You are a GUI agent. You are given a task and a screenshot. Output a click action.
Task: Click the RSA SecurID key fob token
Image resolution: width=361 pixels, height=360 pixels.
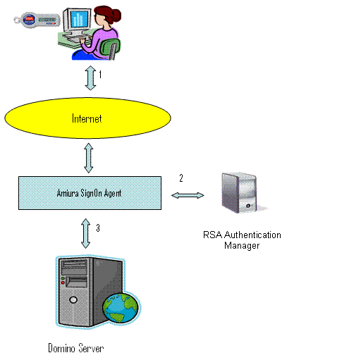[x=37, y=20]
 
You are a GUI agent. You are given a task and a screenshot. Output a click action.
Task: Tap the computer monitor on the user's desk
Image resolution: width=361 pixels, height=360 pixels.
[x=78, y=21]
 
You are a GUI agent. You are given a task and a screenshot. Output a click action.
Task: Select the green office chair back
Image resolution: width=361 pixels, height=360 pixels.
[x=110, y=47]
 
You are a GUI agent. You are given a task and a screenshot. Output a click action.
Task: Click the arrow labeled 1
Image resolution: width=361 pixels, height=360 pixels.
[x=90, y=77]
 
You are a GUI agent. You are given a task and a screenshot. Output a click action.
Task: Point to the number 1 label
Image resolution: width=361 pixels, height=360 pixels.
[x=100, y=75]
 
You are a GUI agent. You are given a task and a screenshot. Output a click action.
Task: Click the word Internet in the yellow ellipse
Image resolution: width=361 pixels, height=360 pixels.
[x=87, y=118]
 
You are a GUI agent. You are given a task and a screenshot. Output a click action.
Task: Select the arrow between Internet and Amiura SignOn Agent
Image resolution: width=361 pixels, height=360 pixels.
[x=89, y=158]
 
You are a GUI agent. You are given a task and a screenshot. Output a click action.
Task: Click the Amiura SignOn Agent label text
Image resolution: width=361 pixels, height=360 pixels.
[x=89, y=193]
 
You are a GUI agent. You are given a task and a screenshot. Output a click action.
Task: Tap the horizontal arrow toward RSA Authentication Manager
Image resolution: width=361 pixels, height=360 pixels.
[x=188, y=195]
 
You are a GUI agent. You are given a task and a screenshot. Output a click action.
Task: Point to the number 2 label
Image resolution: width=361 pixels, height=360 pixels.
[x=181, y=178]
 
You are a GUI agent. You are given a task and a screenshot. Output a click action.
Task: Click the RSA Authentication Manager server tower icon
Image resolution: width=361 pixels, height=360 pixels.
[x=242, y=193]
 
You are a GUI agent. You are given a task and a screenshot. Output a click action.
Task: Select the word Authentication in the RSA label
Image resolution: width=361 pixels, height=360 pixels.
[x=252, y=235]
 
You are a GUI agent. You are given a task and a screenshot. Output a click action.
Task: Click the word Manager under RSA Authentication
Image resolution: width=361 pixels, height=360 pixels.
[x=242, y=246]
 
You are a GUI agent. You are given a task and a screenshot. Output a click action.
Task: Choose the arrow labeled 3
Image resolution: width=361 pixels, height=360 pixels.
[x=86, y=233]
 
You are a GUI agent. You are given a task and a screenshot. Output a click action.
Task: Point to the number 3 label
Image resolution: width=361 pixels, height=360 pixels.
[x=98, y=228]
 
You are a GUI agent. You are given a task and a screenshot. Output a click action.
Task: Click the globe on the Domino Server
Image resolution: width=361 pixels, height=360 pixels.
[x=121, y=307]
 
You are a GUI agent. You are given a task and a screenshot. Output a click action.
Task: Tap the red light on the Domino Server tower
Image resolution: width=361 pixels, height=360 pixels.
[x=63, y=283]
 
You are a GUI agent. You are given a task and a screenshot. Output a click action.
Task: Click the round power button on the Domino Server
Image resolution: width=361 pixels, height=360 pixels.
[x=73, y=299]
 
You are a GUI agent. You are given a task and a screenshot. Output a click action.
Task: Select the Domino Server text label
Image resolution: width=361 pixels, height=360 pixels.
[x=76, y=348]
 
